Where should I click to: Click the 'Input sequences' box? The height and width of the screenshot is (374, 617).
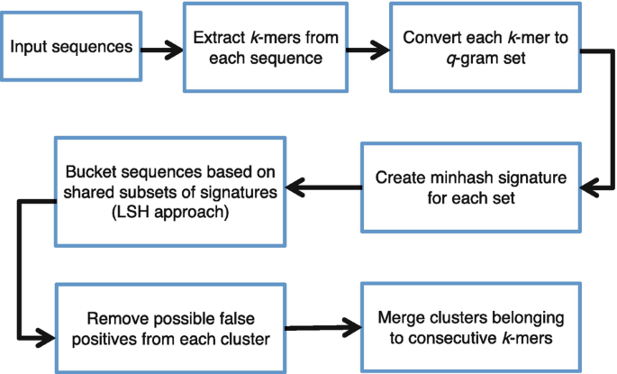click(x=71, y=47)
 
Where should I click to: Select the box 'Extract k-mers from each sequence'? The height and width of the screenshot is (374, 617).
click(x=266, y=48)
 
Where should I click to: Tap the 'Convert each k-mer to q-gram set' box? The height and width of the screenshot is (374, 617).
click(x=485, y=48)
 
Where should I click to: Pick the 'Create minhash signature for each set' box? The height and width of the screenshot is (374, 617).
click(x=471, y=187)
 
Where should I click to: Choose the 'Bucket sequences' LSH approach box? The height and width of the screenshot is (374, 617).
click(x=170, y=192)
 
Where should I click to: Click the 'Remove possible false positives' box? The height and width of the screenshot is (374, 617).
click(x=170, y=328)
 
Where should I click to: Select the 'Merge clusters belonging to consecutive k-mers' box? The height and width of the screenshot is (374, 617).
click(x=471, y=327)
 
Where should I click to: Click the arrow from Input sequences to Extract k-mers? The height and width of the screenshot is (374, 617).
click(x=162, y=50)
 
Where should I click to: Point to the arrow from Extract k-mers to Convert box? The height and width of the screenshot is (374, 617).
click(x=368, y=50)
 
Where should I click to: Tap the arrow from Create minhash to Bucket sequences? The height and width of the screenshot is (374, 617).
click(x=323, y=187)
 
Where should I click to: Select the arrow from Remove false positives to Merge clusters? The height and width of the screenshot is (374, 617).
click(x=323, y=327)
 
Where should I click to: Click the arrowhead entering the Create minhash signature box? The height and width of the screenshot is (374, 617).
click(x=589, y=187)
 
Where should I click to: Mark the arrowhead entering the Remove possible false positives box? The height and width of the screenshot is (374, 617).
click(x=46, y=337)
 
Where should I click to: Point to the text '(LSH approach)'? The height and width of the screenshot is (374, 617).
click(x=170, y=212)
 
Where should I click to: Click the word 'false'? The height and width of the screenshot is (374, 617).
click(x=237, y=318)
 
